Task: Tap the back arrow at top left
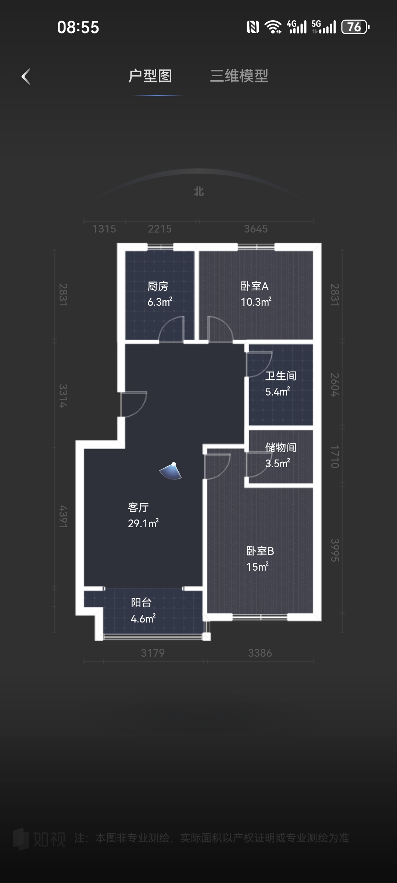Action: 26,77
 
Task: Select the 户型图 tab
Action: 150,76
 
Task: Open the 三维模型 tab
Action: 239,76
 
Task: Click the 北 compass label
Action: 198,191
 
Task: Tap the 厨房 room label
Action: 158,286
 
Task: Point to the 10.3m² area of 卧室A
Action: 256,302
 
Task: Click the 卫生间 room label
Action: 281,376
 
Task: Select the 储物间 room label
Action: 281,447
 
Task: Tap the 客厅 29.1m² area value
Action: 143,523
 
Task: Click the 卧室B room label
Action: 260,551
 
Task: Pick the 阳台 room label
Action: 142,602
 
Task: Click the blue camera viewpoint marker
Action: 171,471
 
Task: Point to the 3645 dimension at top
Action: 256,229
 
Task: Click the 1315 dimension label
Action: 104,229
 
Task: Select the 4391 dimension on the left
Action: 63,517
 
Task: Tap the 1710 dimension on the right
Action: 335,457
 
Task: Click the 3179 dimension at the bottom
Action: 153,653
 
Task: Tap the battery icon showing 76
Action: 355,27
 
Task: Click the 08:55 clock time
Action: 78,27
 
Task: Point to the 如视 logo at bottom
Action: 39,839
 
